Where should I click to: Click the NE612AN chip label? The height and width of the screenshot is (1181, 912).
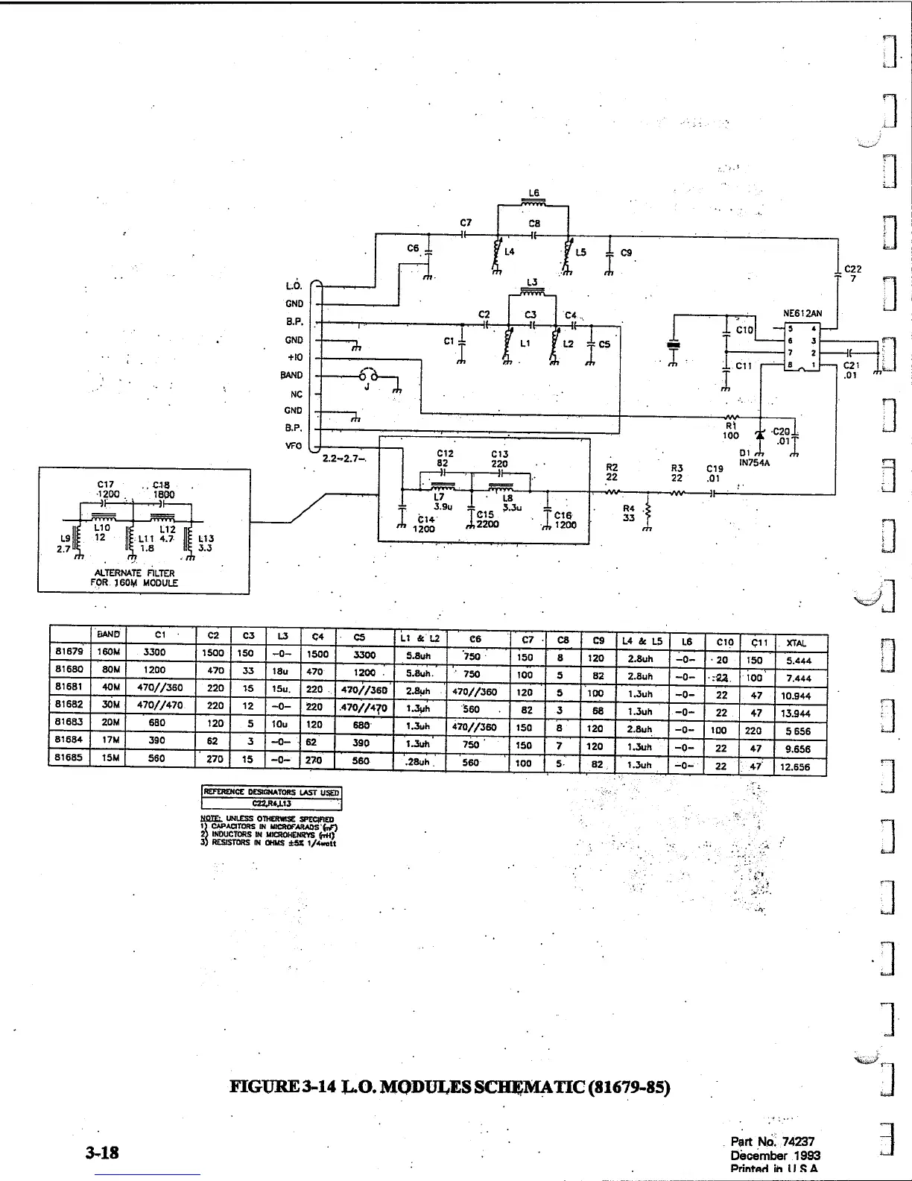[802, 314]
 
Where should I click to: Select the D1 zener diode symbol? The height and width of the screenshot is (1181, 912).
[760, 435]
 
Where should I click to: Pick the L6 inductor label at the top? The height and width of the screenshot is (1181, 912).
[533, 193]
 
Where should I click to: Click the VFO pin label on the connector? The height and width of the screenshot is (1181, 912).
[294, 446]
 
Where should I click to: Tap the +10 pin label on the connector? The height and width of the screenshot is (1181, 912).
[294, 357]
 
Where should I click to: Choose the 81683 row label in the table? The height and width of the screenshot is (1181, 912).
[69, 722]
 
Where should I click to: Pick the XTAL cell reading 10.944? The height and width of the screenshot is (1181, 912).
[797, 696]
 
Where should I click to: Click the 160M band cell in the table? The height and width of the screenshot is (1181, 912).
[107, 652]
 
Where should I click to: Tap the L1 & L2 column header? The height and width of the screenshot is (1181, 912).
[421, 638]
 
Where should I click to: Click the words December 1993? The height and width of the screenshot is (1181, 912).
[776, 1155]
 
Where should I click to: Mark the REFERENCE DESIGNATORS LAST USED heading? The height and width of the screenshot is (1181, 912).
[272, 792]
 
